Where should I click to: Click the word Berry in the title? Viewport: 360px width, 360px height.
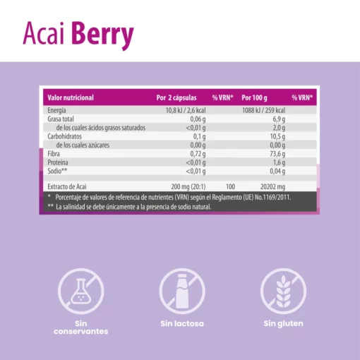pyautogui.click(x=102, y=35)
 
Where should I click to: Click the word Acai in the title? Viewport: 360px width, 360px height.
pyautogui.click(x=44, y=33)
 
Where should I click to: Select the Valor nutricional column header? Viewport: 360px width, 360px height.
pyautogui.click(x=71, y=97)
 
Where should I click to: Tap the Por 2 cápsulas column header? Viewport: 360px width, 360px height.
pyautogui.click(x=176, y=97)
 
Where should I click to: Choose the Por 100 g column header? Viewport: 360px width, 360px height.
pyautogui.click(x=254, y=97)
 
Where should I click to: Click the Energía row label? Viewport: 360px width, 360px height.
pyautogui.click(x=56, y=110)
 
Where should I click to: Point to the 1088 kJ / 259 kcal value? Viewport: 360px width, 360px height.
pyautogui.click(x=263, y=110)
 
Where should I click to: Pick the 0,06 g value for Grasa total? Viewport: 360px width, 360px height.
pyautogui.click(x=198, y=119)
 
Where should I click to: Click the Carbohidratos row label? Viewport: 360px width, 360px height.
pyautogui.click(x=64, y=136)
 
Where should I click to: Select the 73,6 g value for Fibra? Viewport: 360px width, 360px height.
pyautogui.click(x=277, y=154)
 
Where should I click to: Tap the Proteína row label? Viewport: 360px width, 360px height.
pyautogui.click(x=58, y=162)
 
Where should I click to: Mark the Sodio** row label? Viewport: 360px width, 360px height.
pyautogui.click(x=57, y=171)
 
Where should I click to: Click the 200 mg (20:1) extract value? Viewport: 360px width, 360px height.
pyautogui.click(x=188, y=186)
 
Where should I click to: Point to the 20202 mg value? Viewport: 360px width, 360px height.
pyautogui.click(x=272, y=186)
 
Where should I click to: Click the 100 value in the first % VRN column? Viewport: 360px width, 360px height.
pyautogui.click(x=230, y=186)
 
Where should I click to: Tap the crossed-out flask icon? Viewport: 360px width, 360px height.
pyautogui.click(x=81, y=291)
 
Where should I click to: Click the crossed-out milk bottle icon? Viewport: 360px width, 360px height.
pyautogui.click(x=182, y=291)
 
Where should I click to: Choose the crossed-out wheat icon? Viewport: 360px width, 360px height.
pyautogui.click(x=283, y=291)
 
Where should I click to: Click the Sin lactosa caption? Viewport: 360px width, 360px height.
pyautogui.click(x=182, y=323)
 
